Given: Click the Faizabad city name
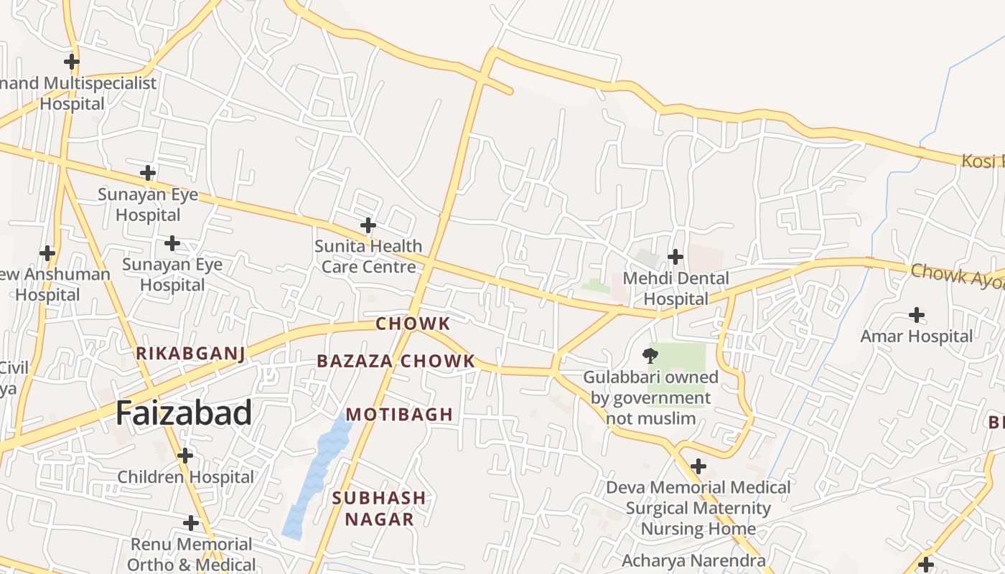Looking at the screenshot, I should pyautogui.click(x=184, y=413).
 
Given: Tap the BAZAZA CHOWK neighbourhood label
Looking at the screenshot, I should pyautogui.click(x=396, y=361).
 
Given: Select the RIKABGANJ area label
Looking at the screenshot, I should pyautogui.click(x=191, y=353).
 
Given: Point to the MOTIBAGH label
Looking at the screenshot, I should pyautogui.click(x=400, y=414).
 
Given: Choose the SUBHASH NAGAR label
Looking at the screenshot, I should pyautogui.click(x=379, y=508).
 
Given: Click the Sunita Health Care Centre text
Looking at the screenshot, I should pyautogui.click(x=368, y=256).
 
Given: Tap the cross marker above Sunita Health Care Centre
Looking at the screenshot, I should pyautogui.click(x=368, y=225).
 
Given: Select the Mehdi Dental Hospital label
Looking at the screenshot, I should pyautogui.click(x=676, y=288).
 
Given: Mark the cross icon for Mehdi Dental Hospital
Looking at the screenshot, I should pyautogui.click(x=676, y=256).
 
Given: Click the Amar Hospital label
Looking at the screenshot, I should pyautogui.click(x=917, y=336).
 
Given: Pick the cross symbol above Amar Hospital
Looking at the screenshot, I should pyautogui.click(x=917, y=314).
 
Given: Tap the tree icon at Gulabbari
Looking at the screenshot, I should pyautogui.click(x=650, y=355).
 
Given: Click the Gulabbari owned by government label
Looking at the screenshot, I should pyautogui.click(x=650, y=397).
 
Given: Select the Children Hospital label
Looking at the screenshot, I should pyautogui.click(x=185, y=476).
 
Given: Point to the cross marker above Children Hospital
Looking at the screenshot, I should pyautogui.click(x=185, y=455).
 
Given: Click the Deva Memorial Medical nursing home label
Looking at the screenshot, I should pyautogui.click(x=698, y=508).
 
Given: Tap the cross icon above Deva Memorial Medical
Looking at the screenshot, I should pyautogui.click(x=698, y=466).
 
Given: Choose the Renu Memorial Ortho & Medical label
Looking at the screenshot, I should pyautogui.click(x=191, y=555).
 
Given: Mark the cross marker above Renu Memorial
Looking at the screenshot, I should pyautogui.click(x=191, y=522).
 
